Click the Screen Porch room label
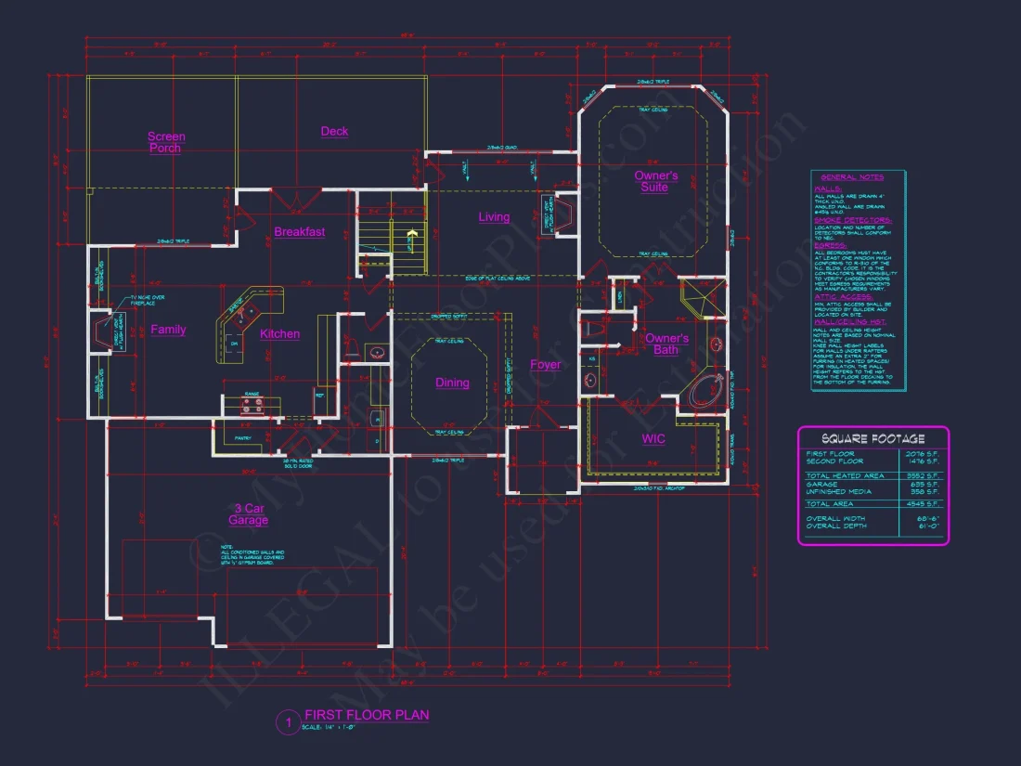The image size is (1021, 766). click(x=166, y=142)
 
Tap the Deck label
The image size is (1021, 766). click(x=334, y=132)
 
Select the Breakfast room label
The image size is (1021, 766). click(x=299, y=232)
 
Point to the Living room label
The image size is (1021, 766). click(x=494, y=217)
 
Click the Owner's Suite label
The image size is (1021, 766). click(x=656, y=181)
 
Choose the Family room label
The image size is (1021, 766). click(x=168, y=330)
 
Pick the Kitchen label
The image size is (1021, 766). click(x=279, y=334)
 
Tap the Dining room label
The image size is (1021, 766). click(x=452, y=383)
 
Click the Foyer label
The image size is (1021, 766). click(x=545, y=365)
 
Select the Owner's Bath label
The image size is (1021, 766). click(x=666, y=344)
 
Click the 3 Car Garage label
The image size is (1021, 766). click(x=249, y=514)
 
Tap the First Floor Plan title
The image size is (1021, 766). click(x=367, y=715)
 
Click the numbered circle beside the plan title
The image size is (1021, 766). click(x=289, y=721)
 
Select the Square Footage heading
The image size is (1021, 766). click(x=872, y=438)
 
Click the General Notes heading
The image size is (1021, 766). click(x=851, y=176)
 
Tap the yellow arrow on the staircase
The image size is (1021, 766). click(x=408, y=240)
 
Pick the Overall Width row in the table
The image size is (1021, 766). click(x=872, y=519)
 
